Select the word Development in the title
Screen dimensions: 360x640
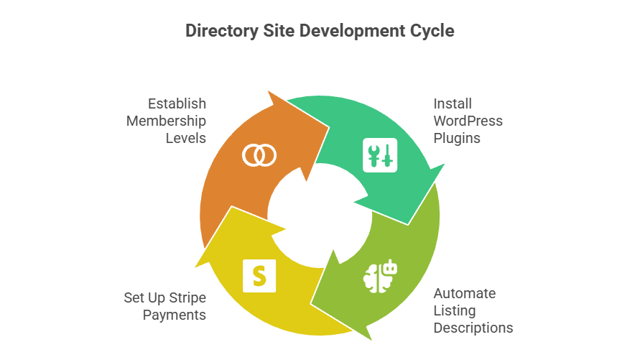tap(349, 31)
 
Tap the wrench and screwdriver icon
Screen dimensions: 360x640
tap(379, 154)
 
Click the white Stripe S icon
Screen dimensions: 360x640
tap(259, 274)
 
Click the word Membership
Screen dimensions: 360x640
tap(167, 121)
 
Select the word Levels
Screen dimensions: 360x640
tap(186, 137)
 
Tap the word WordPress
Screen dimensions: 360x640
tap(468, 121)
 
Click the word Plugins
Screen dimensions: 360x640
tap(456, 137)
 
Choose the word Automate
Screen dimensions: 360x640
tap(464, 294)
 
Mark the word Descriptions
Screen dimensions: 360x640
tap(473, 328)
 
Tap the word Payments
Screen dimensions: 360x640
tap(175, 315)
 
